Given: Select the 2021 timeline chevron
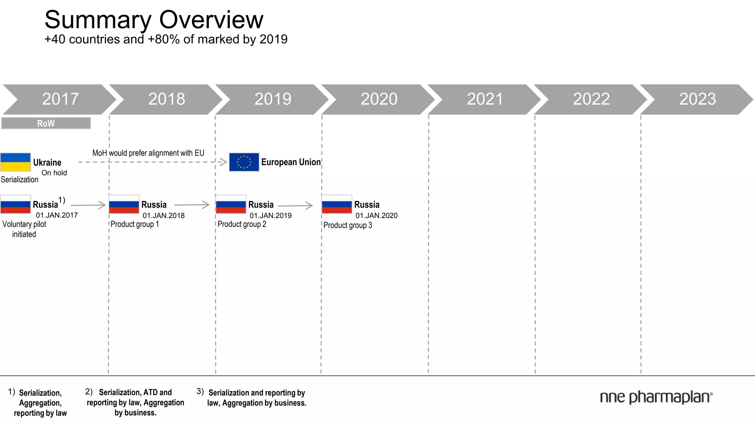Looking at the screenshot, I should coord(485,99).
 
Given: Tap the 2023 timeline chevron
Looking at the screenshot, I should coord(697,99).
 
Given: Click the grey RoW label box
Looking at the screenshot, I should coord(46,123).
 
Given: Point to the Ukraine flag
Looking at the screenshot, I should coord(15,162).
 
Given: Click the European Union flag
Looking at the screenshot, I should coord(244,162).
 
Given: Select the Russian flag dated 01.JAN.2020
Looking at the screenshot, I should coord(337,204).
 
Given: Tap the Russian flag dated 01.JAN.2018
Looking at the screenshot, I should coord(124,204).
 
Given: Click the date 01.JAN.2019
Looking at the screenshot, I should coord(271,215).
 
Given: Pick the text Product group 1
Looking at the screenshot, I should coord(135,224).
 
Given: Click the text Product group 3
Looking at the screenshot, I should coord(348,225).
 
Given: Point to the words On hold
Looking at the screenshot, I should coord(54,173).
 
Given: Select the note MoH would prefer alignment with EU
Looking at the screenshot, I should coord(148,153).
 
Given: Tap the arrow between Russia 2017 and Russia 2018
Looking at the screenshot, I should coord(88,205).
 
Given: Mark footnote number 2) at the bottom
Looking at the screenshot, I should coord(89,391).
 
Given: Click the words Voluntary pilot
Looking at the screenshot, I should coord(24,224).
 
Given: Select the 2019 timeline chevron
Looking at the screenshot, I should coord(272,99).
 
